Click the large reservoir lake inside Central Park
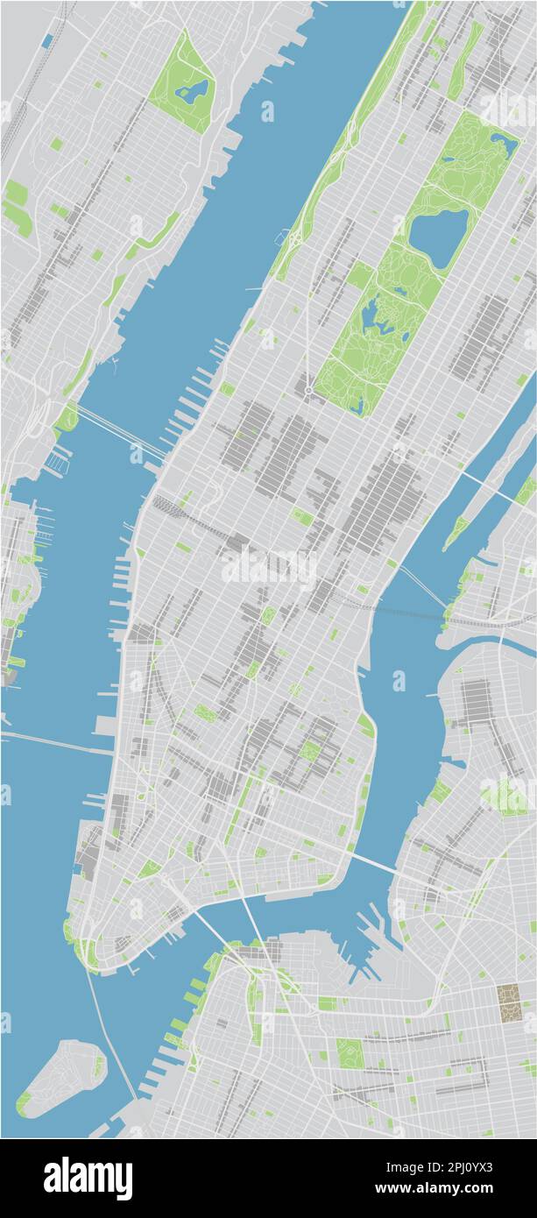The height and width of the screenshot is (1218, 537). pyautogui.click(x=438, y=237)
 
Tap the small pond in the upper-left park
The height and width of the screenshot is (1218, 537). pyautogui.click(x=193, y=90)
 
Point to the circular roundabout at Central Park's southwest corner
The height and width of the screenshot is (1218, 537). pyautogui.click(x=308, y=390)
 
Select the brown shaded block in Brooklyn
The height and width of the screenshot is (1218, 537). pyautogui.click(x=509, y=1002)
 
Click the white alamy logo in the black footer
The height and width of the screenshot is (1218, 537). pyautogui.click(x=88, y=1178)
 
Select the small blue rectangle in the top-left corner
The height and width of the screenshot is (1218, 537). pyautogui.click(x=46, y=41)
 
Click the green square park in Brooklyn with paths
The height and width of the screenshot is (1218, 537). pyautogui.click(x=350, y=1053)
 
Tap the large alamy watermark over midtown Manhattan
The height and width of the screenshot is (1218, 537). pyautogui.click(x=268, y=565)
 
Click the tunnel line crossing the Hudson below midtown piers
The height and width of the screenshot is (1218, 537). pyautogui.click(x=53, y=741)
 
